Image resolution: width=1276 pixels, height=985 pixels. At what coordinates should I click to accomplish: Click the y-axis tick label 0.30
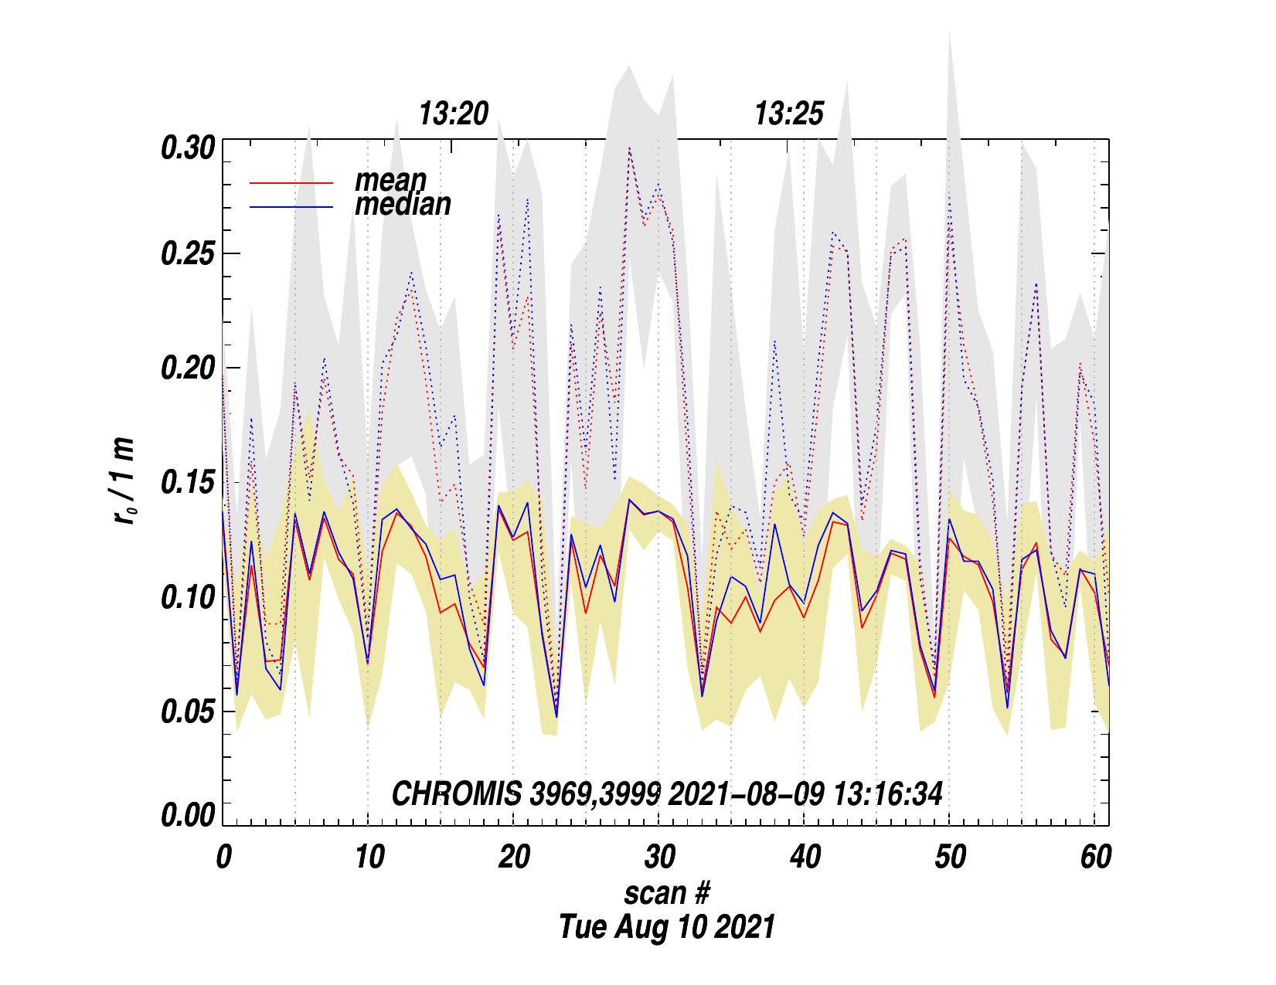click(x=187, y=148)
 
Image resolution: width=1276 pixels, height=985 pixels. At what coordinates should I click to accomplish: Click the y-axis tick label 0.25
click(x=187, y=255)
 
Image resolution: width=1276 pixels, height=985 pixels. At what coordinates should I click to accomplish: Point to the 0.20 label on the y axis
click(x=187, y=369)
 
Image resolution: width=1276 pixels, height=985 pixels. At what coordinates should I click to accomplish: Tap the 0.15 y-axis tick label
click(x=187, y=483)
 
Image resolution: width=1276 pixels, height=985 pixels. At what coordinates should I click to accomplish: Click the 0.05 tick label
click(x=187, y=712)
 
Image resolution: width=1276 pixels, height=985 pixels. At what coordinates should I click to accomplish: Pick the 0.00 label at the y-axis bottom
click(x=187, y=815)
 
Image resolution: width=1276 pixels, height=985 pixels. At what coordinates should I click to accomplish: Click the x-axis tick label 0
click(x=223, y=858)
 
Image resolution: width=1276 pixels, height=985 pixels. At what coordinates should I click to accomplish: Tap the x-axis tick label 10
click(x=369, y=858)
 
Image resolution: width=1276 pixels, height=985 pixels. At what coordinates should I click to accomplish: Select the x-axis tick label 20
click(x=514, y=858)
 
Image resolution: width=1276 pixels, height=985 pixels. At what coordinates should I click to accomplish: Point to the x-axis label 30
click(x=659, y=858)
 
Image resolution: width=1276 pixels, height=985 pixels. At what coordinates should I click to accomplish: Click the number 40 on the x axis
click(x=805, y=858)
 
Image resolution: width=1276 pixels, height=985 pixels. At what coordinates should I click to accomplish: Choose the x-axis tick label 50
click(x=950, y=858)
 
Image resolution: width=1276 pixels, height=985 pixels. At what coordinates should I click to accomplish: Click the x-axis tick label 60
click(x=1095, y=858)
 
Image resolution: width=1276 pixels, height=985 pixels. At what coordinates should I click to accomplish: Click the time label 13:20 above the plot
click(x=454, y=114)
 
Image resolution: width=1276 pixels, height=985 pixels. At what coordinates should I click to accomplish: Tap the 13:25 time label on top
click(x=789, y=114)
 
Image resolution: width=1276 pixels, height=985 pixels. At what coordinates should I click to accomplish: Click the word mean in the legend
click(x=390, y=180)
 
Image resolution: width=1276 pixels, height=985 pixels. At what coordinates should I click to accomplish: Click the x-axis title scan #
click(x=667, y=893)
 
